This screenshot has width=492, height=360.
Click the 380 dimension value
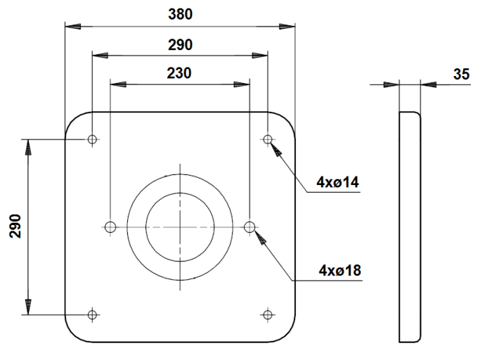pos(181,14)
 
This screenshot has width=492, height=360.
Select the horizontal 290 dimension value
pos(181,44)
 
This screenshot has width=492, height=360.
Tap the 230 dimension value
pos(181,72)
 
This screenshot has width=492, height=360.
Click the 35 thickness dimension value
pos(462,74)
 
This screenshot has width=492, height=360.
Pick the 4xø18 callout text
pos(339,269)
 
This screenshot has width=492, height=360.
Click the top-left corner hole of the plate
pos(92,139)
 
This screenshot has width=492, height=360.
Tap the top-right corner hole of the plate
pos(268,139)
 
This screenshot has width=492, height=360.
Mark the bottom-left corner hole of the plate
pos(92,314)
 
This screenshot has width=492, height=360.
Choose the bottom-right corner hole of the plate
pos(268,314)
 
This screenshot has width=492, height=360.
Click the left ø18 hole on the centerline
pos(110,226)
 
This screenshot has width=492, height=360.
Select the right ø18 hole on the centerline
pos(250,226)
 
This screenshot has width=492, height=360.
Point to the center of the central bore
pos(180,226)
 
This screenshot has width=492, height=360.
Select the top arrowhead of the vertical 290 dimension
pos(28,147)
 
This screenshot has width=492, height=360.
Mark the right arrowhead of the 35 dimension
pos(428,84)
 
